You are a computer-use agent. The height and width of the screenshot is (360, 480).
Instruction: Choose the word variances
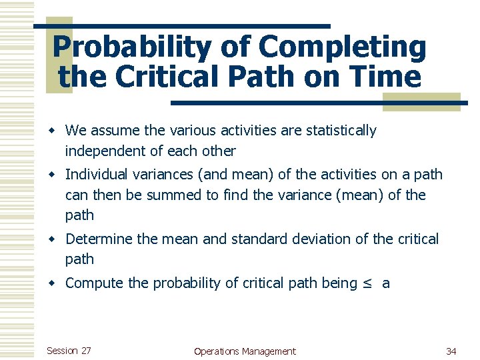[164, 175]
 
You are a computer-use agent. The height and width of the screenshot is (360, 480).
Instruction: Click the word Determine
[100, 239]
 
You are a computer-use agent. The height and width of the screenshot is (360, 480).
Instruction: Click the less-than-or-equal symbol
[368, 283]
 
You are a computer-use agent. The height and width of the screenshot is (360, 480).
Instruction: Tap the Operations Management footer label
[244, 351]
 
